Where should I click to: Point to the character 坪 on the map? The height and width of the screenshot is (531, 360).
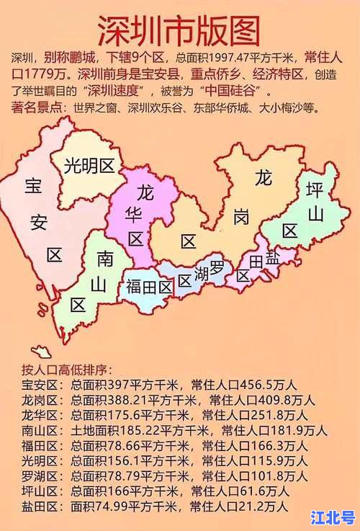pyautogui.click(x=315, y=190)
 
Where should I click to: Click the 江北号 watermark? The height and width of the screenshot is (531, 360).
pyautogui.click(x=332, y=517)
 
